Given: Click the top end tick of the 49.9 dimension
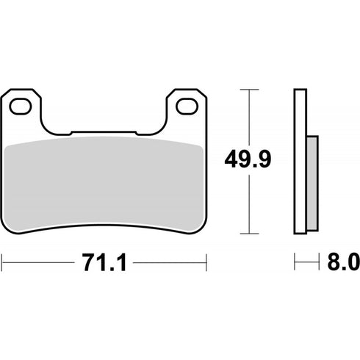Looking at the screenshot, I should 251,89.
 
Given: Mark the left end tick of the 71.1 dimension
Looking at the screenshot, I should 4,261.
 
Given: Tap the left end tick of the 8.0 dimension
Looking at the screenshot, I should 295,261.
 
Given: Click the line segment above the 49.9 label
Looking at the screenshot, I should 251,118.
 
